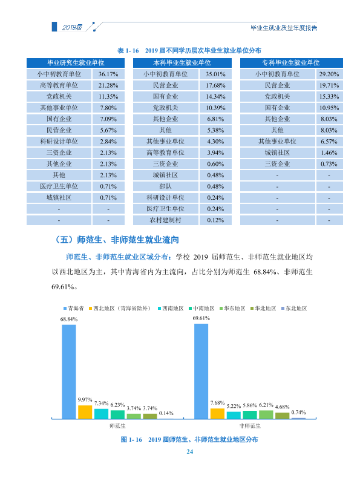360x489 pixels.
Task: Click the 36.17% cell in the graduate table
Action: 108,74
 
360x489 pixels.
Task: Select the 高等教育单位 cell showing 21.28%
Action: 59,85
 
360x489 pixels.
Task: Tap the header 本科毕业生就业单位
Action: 182,63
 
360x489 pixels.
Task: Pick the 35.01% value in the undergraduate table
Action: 215,74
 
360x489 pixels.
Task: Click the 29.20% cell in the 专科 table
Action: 329,74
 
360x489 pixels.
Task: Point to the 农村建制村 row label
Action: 166,220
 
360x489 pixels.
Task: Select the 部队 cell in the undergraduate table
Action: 166,186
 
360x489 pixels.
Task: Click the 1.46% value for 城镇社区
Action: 329,153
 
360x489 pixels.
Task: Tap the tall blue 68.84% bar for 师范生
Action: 69,372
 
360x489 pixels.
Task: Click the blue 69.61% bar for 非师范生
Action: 201,371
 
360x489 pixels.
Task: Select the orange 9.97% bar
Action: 85,412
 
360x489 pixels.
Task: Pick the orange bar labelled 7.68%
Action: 217,413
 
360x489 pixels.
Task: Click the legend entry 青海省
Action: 74,309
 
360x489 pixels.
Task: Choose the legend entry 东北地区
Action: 294,309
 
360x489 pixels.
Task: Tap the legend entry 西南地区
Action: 171,309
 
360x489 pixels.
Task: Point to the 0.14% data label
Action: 166,413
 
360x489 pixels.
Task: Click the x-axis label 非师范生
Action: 250,425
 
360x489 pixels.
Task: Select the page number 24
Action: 190,451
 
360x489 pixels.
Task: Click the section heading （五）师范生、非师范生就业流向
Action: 116,240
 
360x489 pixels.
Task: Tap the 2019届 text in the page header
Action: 72,27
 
